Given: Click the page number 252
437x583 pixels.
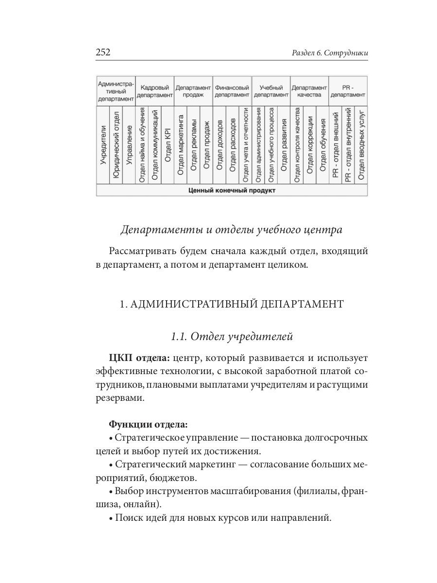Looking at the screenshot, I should [103, 52].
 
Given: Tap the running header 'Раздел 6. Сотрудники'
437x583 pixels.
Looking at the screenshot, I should [330, 53].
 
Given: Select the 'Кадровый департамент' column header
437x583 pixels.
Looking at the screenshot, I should [154, 91].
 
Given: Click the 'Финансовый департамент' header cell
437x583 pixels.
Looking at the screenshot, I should [232, 91].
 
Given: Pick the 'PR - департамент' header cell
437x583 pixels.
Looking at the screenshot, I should [348, 91].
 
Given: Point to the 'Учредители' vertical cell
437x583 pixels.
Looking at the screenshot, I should [103, 146].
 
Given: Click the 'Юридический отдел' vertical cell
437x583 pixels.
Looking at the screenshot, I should [116, 146].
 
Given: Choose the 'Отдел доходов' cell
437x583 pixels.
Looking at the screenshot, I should [219, 146].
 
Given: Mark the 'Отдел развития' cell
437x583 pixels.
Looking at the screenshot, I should [284, 146].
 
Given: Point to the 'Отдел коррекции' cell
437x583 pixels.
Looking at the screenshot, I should [310, 146].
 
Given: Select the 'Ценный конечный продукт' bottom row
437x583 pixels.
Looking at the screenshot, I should [232, 190].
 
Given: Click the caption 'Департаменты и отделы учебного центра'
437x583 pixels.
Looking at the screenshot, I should [231, 230].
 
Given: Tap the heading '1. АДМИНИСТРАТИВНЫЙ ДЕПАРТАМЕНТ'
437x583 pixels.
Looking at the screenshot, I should [232, 304].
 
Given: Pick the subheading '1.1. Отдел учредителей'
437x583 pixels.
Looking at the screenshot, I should [231, 336].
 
